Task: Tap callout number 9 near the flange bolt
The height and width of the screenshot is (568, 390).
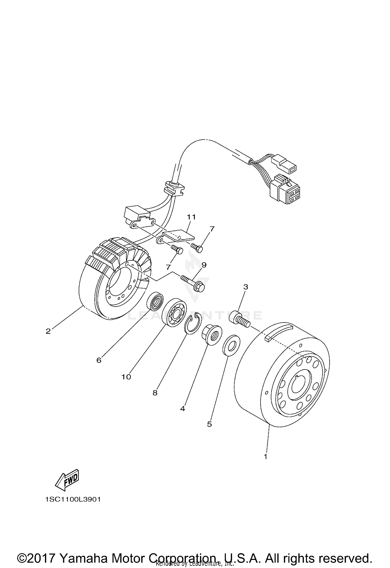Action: click(204, 265)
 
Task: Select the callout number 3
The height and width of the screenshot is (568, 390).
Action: click(245, 287)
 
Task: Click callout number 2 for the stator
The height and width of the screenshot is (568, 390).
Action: click(48, 331)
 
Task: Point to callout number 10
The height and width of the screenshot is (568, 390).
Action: click(126, 377)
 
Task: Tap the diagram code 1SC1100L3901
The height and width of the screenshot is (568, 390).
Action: click(73, 499)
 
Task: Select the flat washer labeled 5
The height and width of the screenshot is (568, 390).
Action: click(231, 345)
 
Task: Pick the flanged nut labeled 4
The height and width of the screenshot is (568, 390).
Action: click(211, 335)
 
